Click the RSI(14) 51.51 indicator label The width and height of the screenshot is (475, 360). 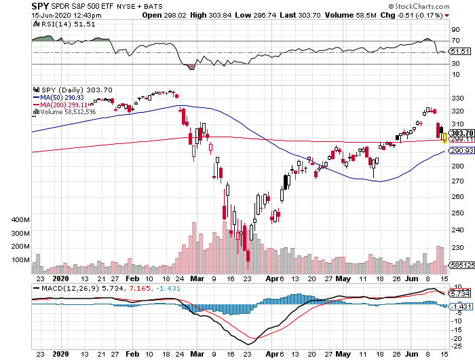click(x=56, y=24)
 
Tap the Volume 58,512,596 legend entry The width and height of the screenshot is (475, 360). click(x=67, y=111)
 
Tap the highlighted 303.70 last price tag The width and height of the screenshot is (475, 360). click(x=461, y=132)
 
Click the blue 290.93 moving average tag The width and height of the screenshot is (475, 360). click(x=461, y=151)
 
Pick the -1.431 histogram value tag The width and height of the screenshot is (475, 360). click(x=461, y=307)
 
